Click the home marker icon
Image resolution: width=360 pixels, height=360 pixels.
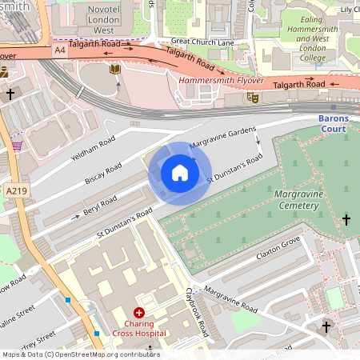click(x=180, y=173)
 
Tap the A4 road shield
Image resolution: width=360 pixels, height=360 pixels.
click(x=60, y=50)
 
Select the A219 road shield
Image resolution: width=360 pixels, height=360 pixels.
click(x=15, y=192)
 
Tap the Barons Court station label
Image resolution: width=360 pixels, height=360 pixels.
click(x=333, y=125)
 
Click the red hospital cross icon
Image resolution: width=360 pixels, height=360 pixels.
click(x=139, y=313)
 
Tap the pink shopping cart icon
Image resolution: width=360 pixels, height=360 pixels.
click(x=17, y=146)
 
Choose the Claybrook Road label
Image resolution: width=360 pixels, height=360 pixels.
click(x=197, y=312)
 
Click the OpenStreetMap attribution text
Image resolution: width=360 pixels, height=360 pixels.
click(x=80, y=354)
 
